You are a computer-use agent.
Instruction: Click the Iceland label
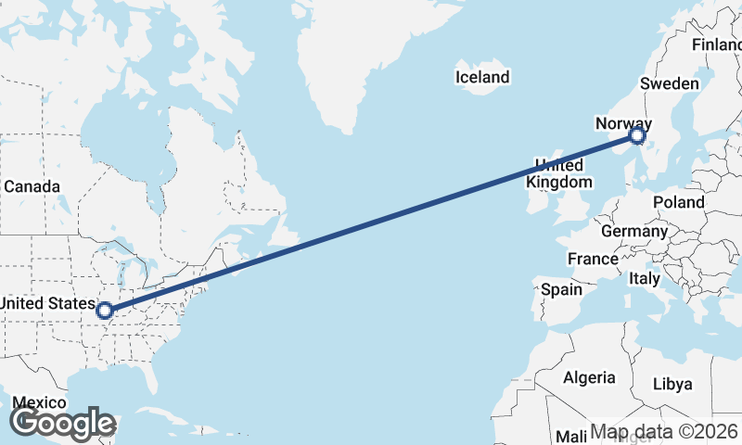[x=482, y=77]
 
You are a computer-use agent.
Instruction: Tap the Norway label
[x=623, y=123]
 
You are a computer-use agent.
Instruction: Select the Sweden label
[x=669, y=83]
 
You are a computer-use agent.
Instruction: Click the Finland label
[x=716, y=45]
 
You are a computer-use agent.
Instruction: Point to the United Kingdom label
[x=558, y=173]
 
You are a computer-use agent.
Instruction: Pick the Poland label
[x=678, y=202]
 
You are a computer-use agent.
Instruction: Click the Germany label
[x=634, y=231]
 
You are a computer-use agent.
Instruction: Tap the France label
[x=593, y=259]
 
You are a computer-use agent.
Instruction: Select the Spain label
[x=562, y=289]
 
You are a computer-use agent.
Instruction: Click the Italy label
[x=644, y=278]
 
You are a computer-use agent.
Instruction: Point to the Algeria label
[x=589, y=377]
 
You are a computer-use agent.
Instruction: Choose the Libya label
[x=672, y=384]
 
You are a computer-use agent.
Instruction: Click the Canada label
[x=32, y=186]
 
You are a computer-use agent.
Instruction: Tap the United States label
[x=46, y=303]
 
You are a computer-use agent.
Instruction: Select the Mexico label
[x=39, y=403]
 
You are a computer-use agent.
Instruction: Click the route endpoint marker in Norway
[x=636, y=135]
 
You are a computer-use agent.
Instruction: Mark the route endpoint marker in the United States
[x=106, y=311]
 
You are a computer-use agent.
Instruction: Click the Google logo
[x=62, y=423]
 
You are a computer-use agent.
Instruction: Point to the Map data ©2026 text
[x=665, y=431]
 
